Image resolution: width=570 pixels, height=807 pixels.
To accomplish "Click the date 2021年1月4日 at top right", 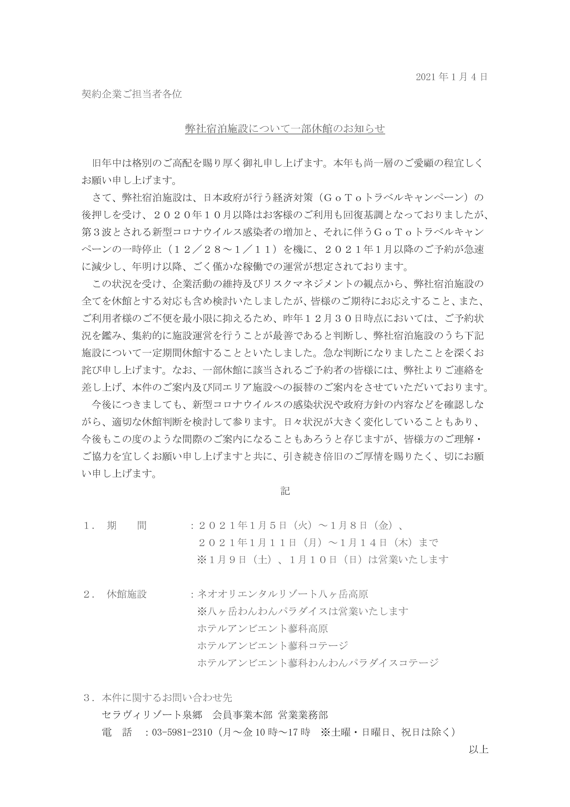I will click(x=452, y=77).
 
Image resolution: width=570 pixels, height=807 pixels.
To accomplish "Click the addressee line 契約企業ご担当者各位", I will click(x=132, y=94).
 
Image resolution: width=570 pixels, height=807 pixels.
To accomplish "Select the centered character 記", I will click(x=285, y=491).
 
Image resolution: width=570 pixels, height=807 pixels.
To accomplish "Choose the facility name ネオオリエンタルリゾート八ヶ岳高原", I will click(x=283, y=594).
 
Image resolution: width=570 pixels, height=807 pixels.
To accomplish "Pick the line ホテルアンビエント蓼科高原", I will click(x=263, y=629).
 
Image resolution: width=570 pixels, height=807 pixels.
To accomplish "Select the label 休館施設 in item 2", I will click(x=127, y=594).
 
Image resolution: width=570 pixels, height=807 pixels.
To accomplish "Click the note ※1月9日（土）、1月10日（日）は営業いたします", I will click(x=323, y=559).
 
